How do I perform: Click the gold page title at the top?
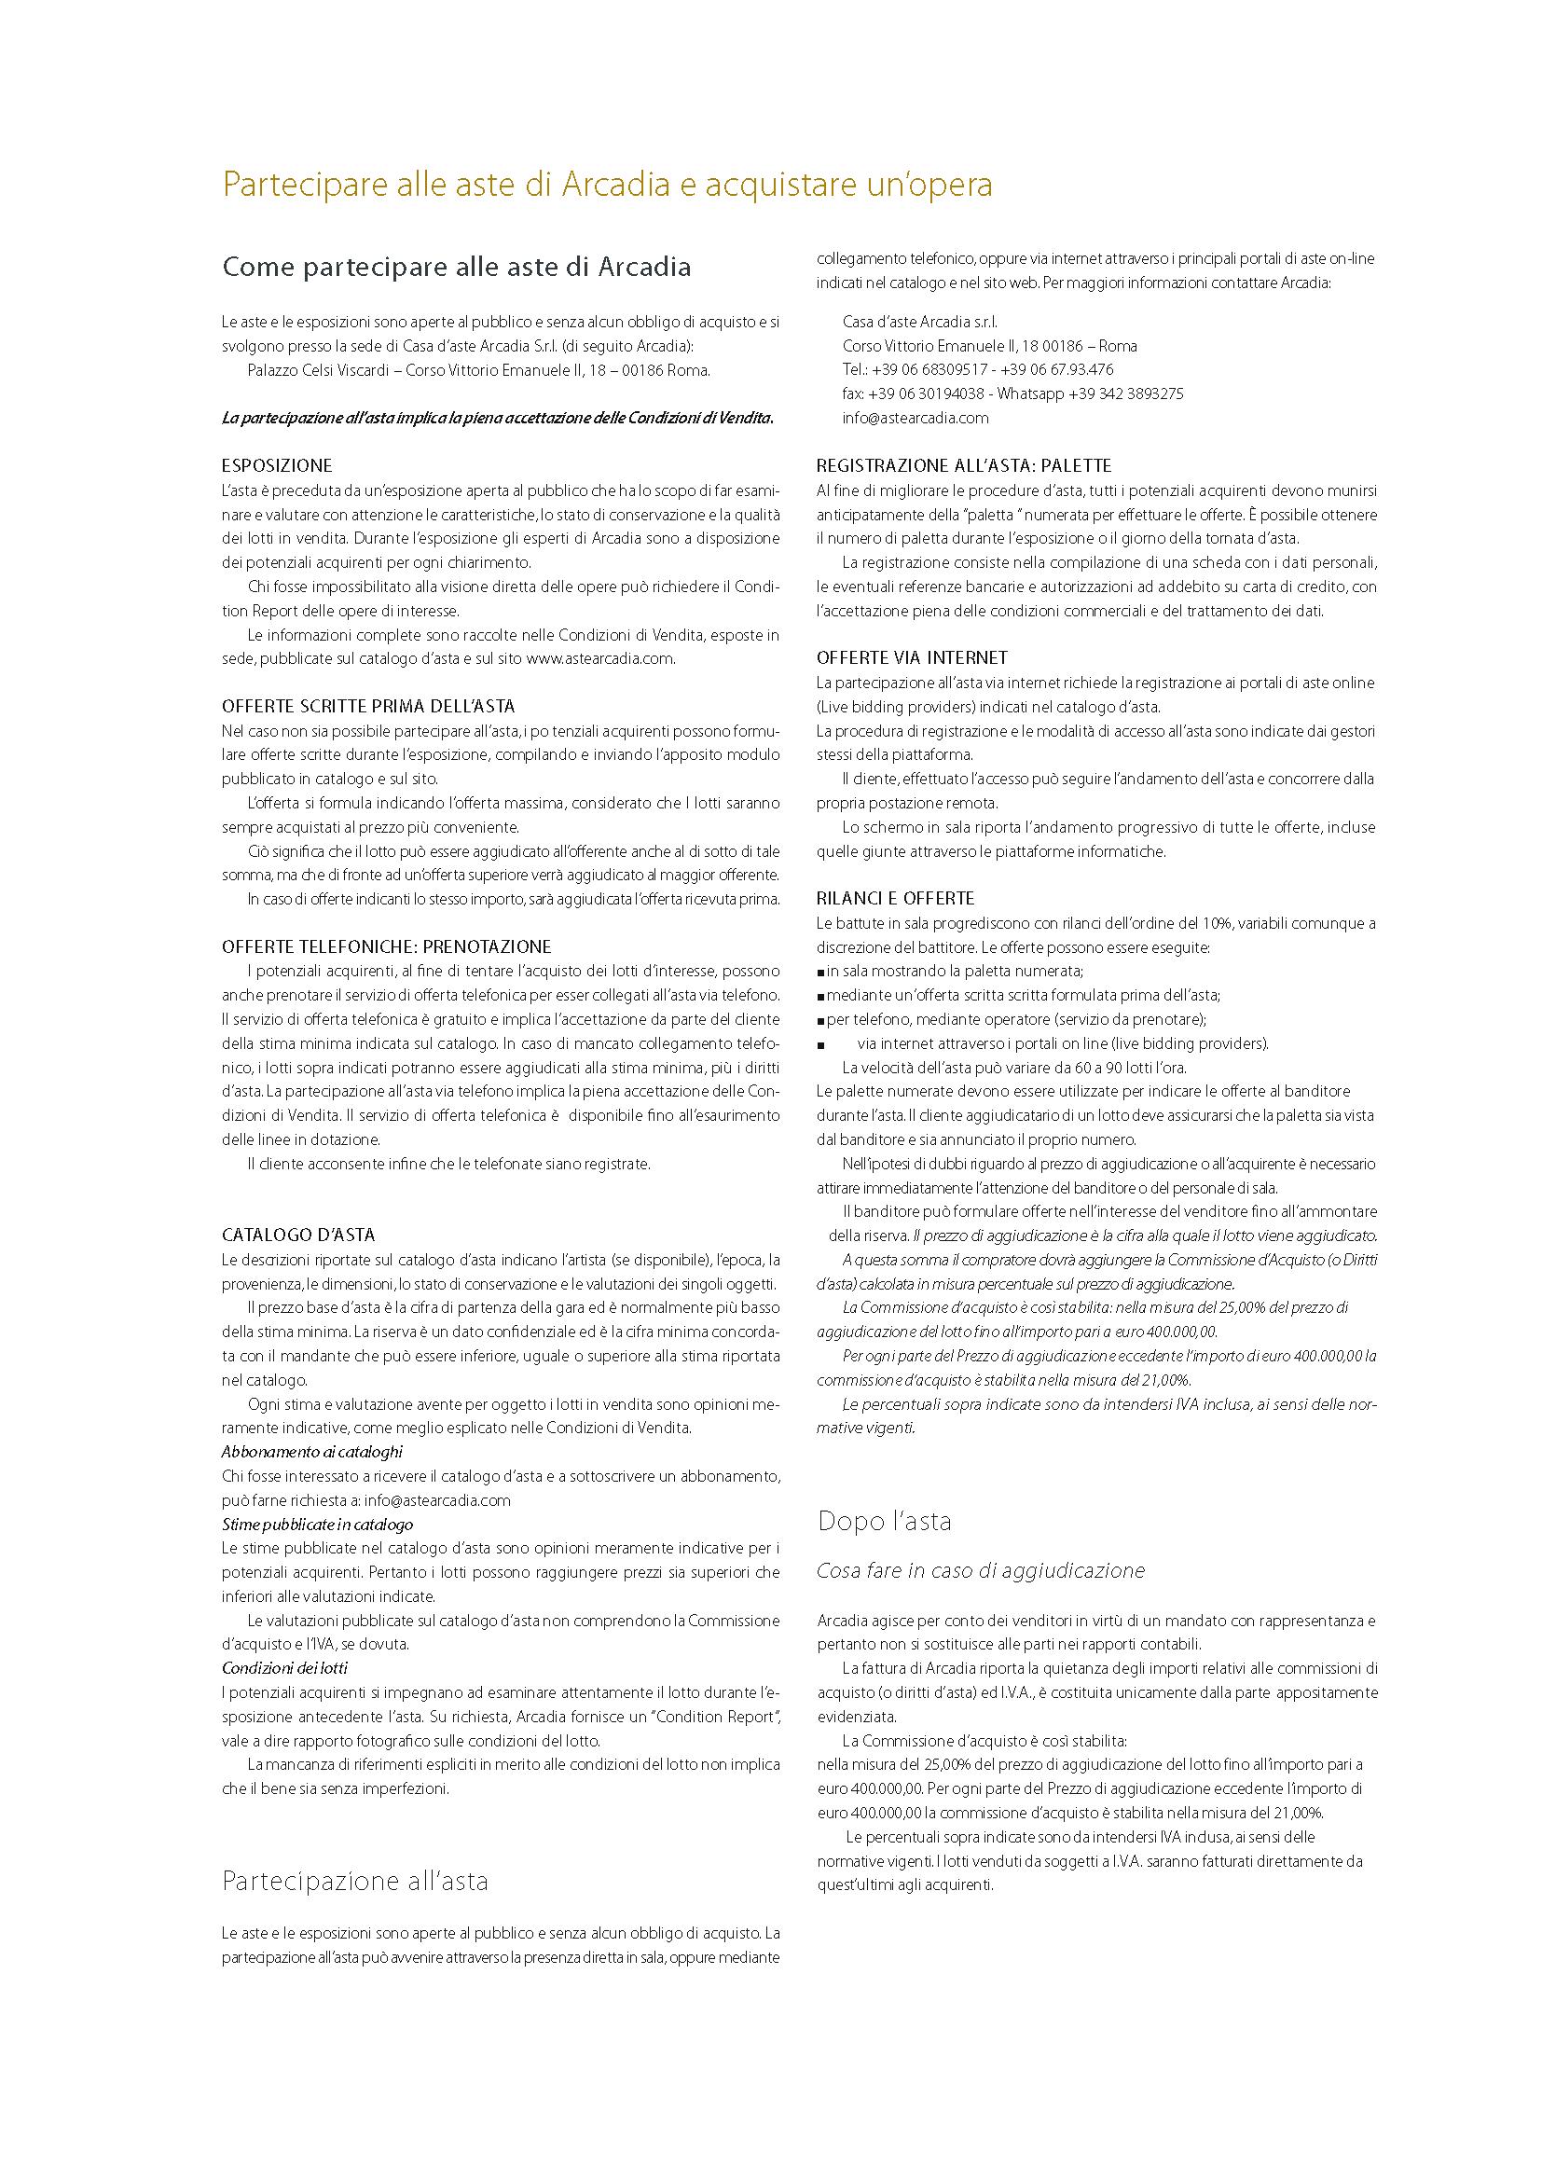[x=607, y=186]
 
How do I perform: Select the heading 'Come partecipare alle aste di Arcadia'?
[x=456, y=268]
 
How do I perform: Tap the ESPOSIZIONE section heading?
[x=277, y=466]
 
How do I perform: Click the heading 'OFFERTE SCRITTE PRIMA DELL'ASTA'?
[x=368, y=706]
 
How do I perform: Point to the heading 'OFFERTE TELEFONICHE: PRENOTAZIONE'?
[x=387, y=947]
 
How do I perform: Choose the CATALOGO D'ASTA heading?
[x=298, y=1235]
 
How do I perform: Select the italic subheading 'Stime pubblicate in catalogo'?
[x=317, y=1525]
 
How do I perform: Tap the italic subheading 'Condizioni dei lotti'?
[x=285, y=1668]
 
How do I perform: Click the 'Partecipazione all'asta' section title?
[x=355, y=1881]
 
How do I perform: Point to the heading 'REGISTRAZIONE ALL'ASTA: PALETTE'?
[x=964, y=466]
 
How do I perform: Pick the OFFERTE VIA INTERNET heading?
[x=912, y=657]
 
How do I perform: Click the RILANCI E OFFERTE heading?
[x=895, y=898]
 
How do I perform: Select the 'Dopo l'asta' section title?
[x=884, y=1522]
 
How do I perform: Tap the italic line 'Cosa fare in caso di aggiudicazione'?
[x=981, y=1571]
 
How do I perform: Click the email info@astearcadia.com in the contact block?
[x=916, y=418]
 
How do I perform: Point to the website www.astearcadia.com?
[x=600, y=658]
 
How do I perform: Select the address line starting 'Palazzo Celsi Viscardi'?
[x=478, y=370]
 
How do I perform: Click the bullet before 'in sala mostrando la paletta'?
[x=820, y=972]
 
